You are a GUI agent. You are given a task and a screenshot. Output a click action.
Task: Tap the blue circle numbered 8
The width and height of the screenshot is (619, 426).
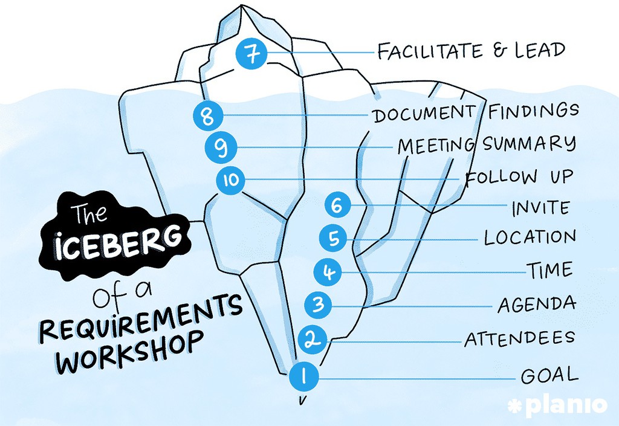click(209, 115)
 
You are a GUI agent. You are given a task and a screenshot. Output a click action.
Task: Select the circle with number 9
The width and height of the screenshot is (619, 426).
click(221, 147)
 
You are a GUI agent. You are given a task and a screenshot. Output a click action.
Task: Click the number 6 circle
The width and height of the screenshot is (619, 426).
click(337, 205)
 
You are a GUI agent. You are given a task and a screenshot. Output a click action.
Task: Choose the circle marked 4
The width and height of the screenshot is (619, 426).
click(328, 271)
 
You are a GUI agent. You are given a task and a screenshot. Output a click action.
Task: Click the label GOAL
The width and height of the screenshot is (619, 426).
click(549, 375)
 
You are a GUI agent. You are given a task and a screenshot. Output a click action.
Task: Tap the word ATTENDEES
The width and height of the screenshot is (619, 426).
click(519, 339)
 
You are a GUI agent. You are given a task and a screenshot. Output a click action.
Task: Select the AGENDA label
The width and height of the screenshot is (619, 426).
click(536, 304)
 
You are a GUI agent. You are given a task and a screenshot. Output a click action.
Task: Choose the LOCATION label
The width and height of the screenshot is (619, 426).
click(530, 237)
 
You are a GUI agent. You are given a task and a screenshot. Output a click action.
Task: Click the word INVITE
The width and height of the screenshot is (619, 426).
click(541, 208)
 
